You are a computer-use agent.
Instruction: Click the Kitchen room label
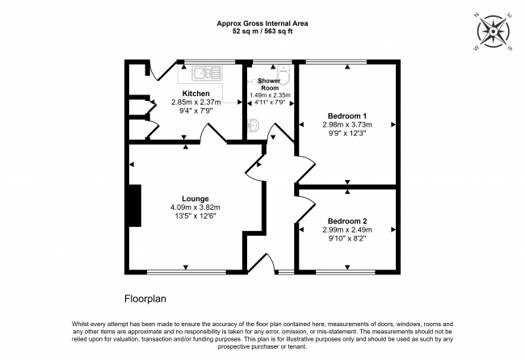(196, 94)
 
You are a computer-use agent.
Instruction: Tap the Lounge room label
(195, 199)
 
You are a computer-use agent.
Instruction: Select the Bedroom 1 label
(347, 116)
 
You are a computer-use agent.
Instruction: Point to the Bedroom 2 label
(347, 221)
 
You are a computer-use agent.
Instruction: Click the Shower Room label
(270, 84)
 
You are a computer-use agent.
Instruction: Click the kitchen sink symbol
(207, 73)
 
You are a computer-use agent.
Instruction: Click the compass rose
(493, 31)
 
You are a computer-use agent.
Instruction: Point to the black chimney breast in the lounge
(135, 206)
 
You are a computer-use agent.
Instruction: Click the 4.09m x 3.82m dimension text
(195, 207)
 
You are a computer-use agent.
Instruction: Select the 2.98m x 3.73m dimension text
(347, 125)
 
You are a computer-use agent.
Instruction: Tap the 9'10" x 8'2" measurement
(347, 239)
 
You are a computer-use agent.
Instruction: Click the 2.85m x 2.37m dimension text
(196, 102)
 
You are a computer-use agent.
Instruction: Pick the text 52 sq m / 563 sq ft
(262, 31)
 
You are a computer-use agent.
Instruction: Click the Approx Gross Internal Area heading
(262, 23)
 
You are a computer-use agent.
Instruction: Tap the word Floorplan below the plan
(145, 299)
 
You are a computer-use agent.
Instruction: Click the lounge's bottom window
(187, 272)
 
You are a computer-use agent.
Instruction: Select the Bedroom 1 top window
(336, 61)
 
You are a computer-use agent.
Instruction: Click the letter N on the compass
(477, 15)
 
